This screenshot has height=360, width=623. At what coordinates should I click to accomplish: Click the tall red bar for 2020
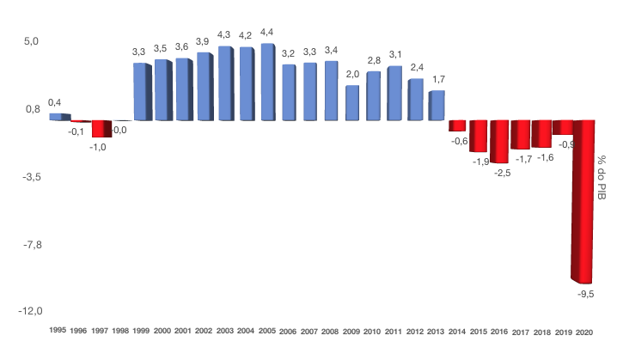[583, 201]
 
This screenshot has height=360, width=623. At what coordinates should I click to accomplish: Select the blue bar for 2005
[267, 82]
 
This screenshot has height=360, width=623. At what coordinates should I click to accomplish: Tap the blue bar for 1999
[142, 91]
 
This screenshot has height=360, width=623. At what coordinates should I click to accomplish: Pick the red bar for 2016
[500, 141]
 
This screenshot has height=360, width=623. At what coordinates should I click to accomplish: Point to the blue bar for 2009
[352, 102]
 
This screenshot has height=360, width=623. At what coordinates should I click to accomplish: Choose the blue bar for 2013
[437, 105]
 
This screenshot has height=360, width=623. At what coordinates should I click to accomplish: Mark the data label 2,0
[352, 74]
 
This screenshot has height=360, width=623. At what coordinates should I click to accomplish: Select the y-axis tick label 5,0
[31, 41]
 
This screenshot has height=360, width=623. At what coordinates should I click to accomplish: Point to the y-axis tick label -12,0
[29, 311]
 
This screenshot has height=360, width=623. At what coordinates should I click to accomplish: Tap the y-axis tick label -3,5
[31, 177]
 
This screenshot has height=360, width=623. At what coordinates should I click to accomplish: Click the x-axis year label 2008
[331, 331]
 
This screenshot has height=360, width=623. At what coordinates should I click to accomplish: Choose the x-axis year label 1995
[58, 331]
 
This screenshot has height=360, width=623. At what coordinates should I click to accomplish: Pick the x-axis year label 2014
[457, 331]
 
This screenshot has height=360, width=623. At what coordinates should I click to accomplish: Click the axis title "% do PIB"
[602, 176]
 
